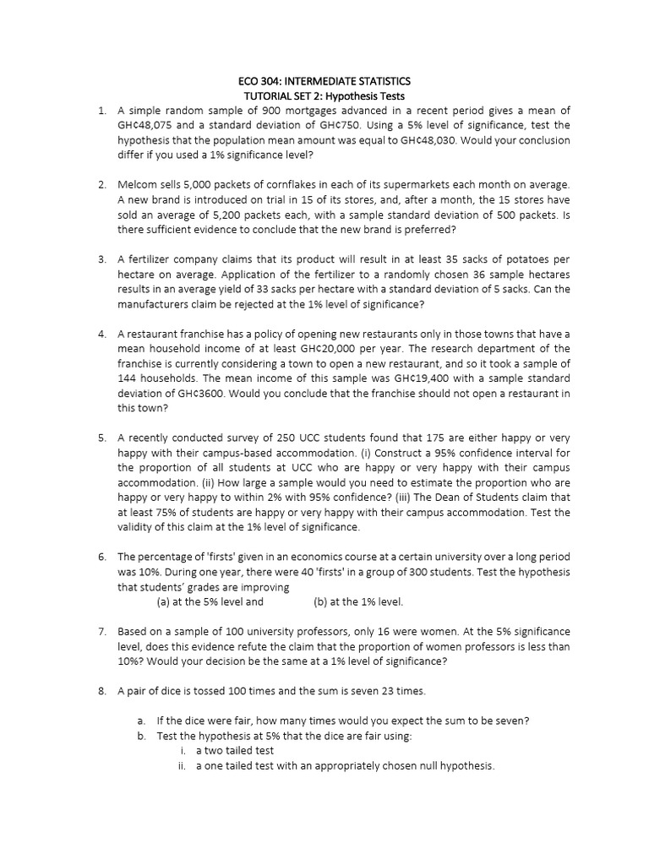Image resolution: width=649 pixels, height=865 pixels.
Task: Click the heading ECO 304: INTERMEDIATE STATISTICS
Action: pos(324,81)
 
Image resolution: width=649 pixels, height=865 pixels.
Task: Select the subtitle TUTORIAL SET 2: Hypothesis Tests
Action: pos(324,96)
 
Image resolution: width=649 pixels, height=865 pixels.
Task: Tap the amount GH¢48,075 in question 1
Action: pos(148,125)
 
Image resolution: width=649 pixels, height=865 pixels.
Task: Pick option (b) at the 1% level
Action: pos(358,602)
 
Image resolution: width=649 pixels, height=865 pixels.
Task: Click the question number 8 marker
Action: pos(101,691)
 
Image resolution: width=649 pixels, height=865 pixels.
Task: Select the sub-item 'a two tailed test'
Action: pos(235,750)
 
